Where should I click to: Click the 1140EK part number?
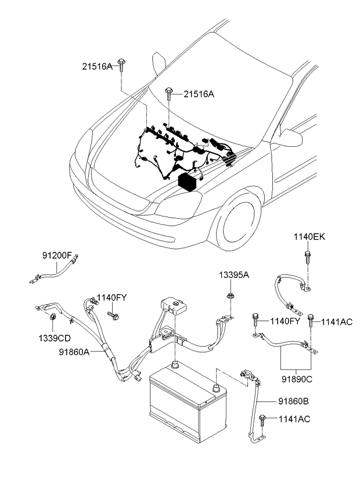tap(309, 237)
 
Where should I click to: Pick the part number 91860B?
tap(294, 401)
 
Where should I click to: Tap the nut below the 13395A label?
tap(231, 297)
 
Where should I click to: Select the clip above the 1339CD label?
tap(52, 317)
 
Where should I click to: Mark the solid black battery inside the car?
tap(188, 182)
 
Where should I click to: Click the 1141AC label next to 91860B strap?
tap(294, 418)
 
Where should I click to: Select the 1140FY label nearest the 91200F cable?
tap(111, 298)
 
